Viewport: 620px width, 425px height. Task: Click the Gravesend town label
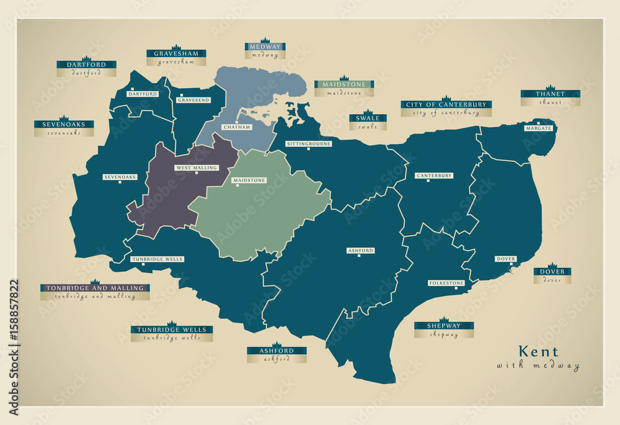click(x=192, y=100)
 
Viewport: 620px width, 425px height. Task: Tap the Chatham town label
click(x=237, y=127)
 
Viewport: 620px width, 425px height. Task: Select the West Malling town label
click(x=197, y=168)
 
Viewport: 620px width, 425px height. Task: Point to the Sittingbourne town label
click(x=309, y=143)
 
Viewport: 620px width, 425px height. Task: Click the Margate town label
click(x=538, y=128)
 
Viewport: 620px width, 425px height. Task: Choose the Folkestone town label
click(x=446, y=283)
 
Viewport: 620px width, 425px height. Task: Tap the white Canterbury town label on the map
click(x=434, y=176)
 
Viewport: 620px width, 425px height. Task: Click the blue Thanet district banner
click(x=550, y=94)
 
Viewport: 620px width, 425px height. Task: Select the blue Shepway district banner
click(x=444, y=326)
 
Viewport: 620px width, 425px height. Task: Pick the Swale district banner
click(x=368, y=118)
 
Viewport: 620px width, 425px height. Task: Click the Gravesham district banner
click(x=176, y=53)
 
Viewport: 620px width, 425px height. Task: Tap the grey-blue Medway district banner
click(x=265, y=47)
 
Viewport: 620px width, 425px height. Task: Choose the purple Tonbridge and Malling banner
click(x=95, y=288)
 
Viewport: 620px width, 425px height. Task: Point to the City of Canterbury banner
click(x=446, y=104)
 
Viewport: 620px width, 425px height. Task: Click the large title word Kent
click(x=538, y=351)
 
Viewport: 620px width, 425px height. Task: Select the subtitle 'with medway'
click(x=538, y=365)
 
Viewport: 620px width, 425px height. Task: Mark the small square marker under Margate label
click(x=538, y=134)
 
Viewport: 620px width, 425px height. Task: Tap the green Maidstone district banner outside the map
click(x=343, y=84)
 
